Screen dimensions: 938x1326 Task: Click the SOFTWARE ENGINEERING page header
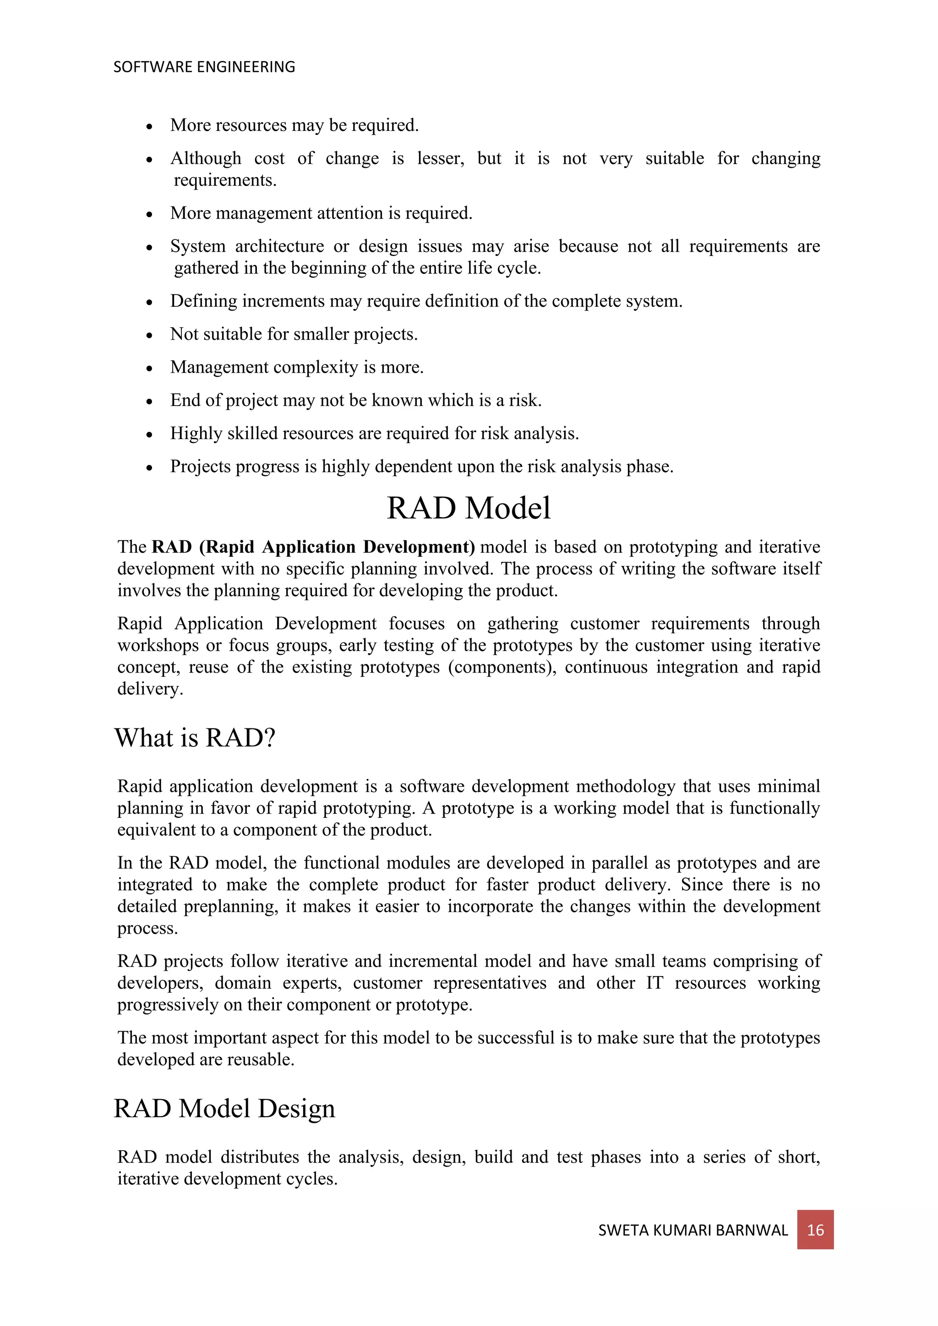tap(204, 67)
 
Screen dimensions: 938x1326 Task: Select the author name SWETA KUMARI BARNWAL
tap(693, 1230)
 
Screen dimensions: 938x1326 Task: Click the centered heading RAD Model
tap(469, 508)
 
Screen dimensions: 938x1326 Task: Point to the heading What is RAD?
tap(195, 738)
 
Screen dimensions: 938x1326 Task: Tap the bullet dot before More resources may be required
tap(150, 126)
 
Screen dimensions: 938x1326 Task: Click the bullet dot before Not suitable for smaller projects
tap(150, 336)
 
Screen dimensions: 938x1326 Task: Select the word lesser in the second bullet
tap(441, 158)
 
